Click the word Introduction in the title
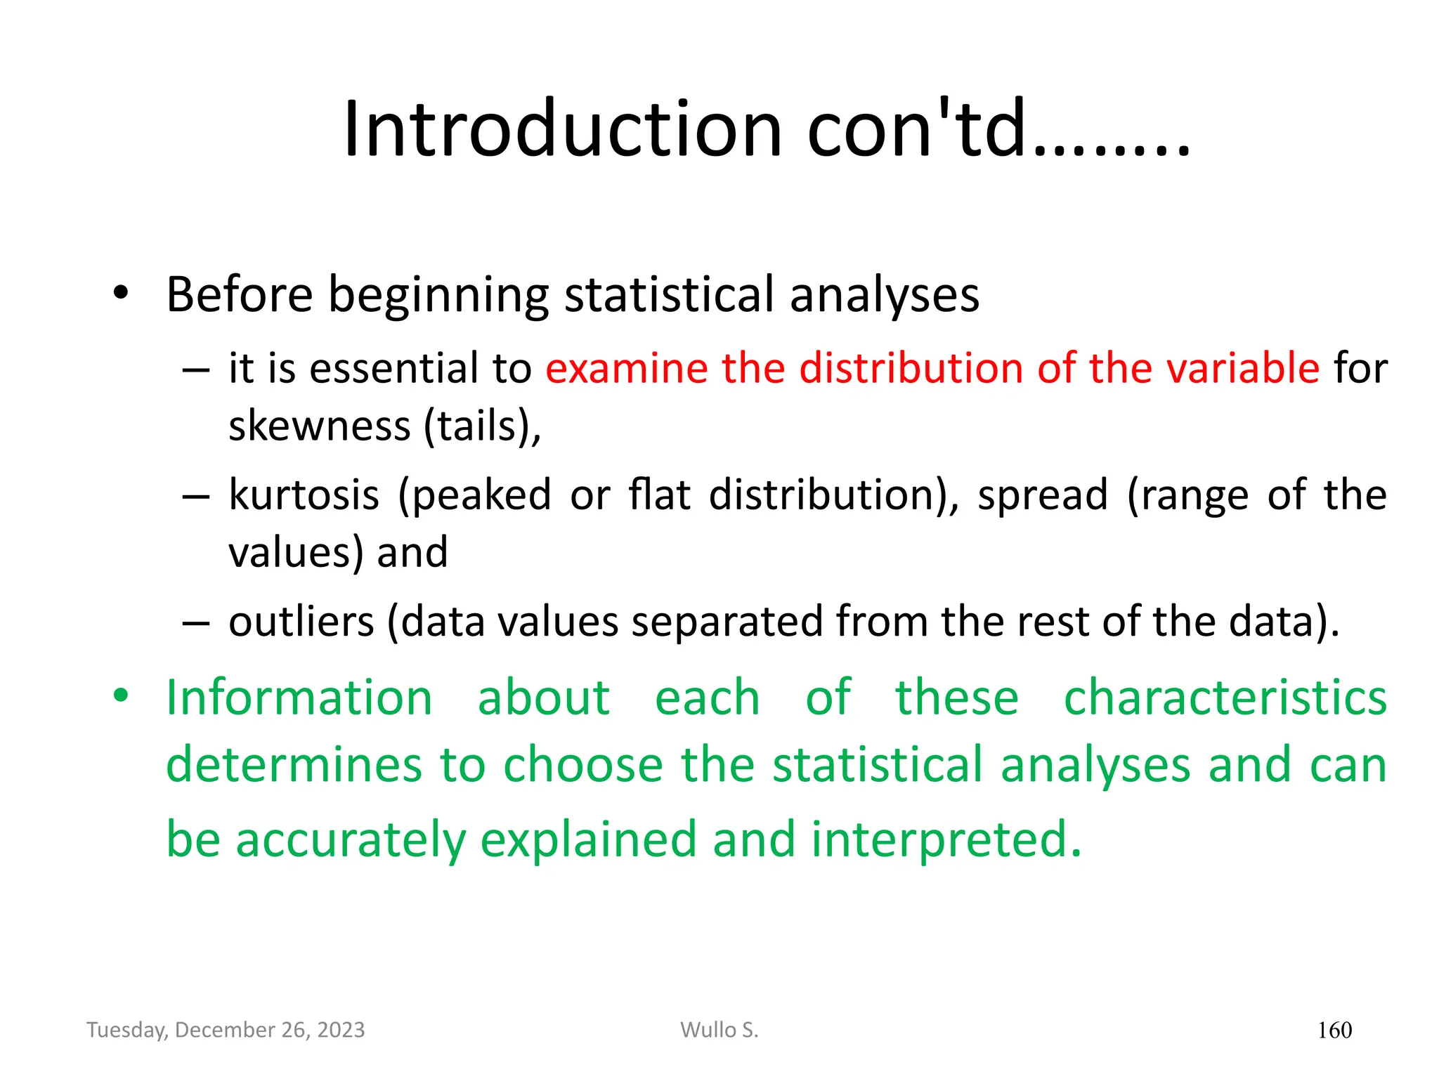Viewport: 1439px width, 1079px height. pyautogui.click(x=562, y=129)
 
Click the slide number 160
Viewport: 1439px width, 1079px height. pyautogui.click(x=1334, y=1031)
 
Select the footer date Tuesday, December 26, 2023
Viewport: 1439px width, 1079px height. pyautogui.click(x=226, y=1030)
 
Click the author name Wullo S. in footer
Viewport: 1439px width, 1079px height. pyautogui.click(x=719, y=1030)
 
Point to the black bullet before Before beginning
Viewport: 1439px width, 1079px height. pyautogui.click(x=121, y=293)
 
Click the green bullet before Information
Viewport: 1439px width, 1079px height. pyautogui.click(x=121, y=696)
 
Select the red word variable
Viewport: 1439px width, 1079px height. pyautogui.click(x=1240, y=368)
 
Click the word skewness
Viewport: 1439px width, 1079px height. pyautogui.click(x=320, y=426)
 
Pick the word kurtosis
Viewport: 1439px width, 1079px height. pyautogui.click(x=304, y=495)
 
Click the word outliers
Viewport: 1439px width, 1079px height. pyautogui.click(x=301, y=622)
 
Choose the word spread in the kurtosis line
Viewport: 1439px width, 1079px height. pyautogui.click(x=1043, y=495)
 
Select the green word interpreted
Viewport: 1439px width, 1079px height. pyautogui.click(x=946, y=839)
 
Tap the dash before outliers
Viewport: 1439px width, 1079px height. pyautogui.click(x=195, y=622)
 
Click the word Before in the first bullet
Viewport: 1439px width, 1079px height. pyautogui.click(x=240, y=294)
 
